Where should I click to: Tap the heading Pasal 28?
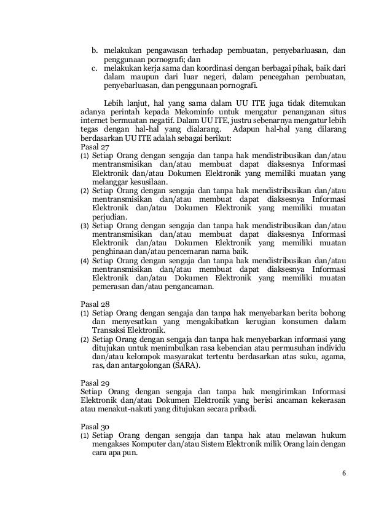coord(93,303)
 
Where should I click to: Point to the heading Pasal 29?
coord(93,381)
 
